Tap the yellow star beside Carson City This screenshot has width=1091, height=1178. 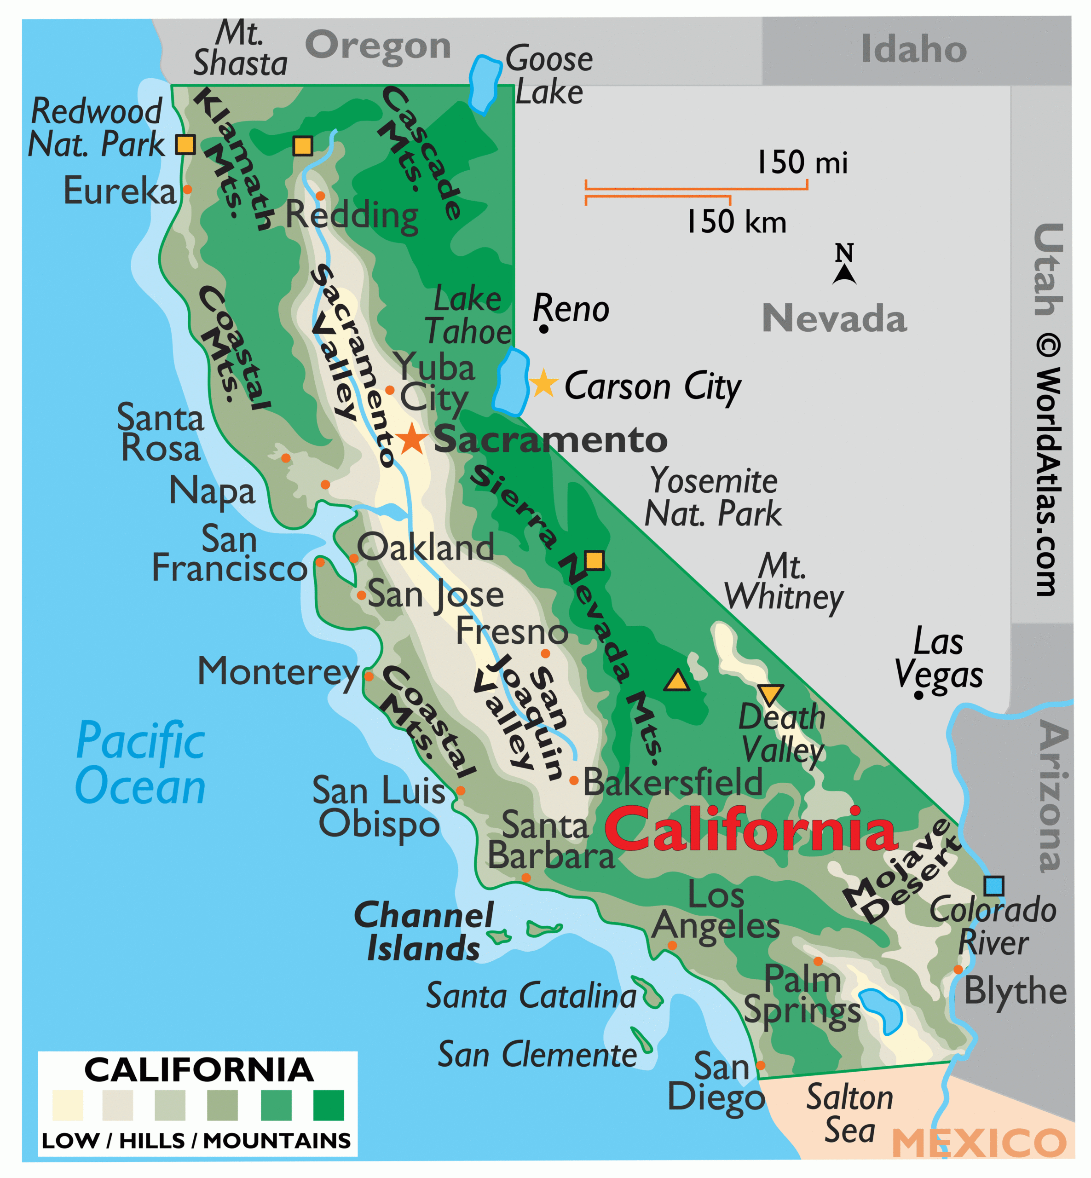point(543,383)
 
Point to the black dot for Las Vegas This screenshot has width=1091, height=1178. point(918,696)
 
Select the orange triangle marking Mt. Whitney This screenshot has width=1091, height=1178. point(676,681)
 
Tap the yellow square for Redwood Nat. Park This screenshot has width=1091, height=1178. point(185,144)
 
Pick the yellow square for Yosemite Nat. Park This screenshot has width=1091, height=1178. point(595,560)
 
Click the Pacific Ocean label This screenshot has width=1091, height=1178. point(140,763)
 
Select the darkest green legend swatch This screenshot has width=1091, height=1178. point(328,1105)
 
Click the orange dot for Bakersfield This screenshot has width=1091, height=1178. point(573,780)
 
